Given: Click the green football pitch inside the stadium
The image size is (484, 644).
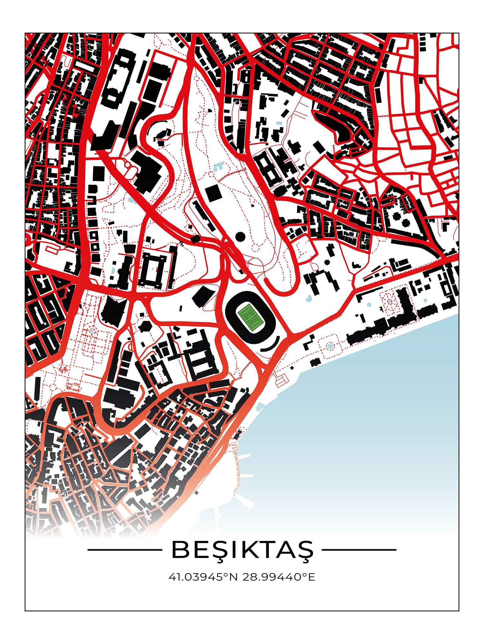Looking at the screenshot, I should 251,317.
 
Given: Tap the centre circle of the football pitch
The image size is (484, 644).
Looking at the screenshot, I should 251,317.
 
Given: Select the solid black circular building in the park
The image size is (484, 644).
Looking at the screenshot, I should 240,237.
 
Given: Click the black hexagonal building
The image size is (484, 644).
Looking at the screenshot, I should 145,326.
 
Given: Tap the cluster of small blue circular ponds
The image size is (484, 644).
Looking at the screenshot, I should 218,167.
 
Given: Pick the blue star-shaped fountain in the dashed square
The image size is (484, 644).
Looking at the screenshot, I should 330,346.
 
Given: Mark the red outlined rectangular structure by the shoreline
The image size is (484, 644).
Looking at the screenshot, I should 282,381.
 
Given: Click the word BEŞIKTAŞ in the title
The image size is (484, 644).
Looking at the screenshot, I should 242,550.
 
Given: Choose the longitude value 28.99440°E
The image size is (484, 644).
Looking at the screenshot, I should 279,577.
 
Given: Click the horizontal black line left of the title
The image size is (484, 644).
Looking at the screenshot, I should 125,550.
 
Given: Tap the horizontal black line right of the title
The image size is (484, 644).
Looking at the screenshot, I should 359,550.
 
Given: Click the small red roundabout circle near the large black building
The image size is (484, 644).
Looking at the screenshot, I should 127,165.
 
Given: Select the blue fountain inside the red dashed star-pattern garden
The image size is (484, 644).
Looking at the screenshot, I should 390,302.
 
